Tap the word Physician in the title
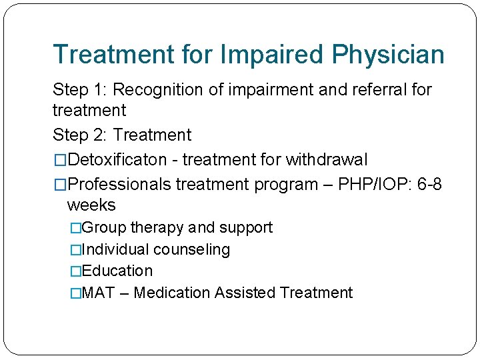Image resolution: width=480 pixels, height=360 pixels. click(389, 55)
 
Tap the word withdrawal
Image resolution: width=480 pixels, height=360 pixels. click(326, 160)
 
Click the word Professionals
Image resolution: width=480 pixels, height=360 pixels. click(120, 184)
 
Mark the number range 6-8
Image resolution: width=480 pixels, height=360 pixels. click(429, 184)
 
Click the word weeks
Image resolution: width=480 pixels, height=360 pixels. click(91, 205)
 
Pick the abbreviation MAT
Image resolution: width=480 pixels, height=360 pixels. click(97, 293)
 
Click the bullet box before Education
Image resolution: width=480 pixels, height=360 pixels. click(75, 271)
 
